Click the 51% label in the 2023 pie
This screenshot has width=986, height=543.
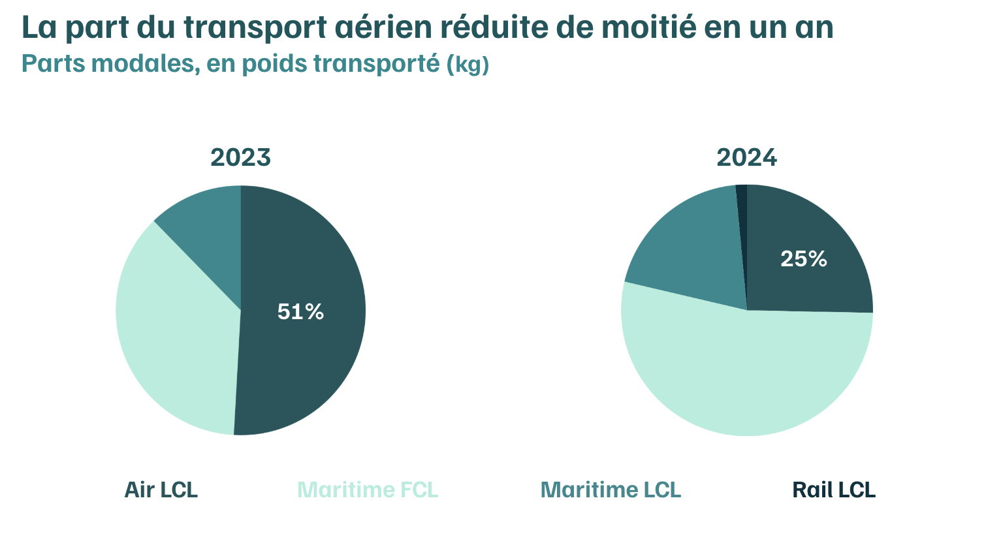click(x=300, y=312)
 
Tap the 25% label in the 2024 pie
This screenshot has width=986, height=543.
click(x=804, y=259)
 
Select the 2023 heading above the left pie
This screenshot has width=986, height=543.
click(x=240, y=157)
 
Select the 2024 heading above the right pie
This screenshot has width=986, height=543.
click(x=746, y=157)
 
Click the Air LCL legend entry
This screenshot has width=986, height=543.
click(x=161, y=489)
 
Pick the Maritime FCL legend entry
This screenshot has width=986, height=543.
click(x=368, y=489)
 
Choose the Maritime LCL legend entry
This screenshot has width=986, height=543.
click(x=611, y=489)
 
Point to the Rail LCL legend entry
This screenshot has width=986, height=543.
click(x=834, y=489)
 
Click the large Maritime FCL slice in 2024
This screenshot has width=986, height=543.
click(x=744, y=379)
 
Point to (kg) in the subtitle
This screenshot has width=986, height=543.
click(x=468, y=65)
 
